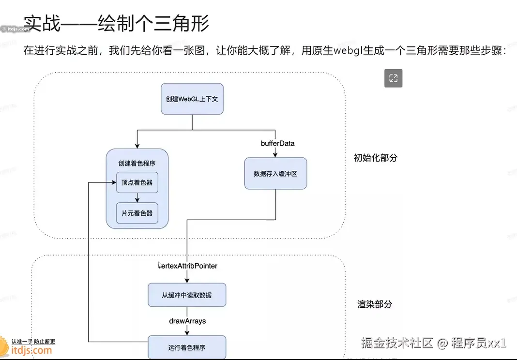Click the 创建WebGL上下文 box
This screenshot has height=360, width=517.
192,99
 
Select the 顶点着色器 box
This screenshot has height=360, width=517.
137,182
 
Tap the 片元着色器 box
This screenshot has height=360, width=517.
137,213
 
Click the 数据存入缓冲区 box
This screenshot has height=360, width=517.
275,173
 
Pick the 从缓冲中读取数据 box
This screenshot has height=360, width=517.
187,295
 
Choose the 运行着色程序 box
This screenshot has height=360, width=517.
187,347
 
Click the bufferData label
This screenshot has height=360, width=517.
277,143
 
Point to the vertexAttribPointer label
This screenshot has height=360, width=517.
188,266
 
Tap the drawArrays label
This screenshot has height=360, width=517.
187,320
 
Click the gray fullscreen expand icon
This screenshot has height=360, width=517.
393,78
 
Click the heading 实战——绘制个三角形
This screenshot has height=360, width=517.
117,23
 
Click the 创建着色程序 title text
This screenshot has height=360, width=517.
137,163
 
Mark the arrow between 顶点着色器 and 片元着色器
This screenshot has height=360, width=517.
137,197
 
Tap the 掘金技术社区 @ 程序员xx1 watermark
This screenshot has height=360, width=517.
433,343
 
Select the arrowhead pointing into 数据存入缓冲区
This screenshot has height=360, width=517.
275,155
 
